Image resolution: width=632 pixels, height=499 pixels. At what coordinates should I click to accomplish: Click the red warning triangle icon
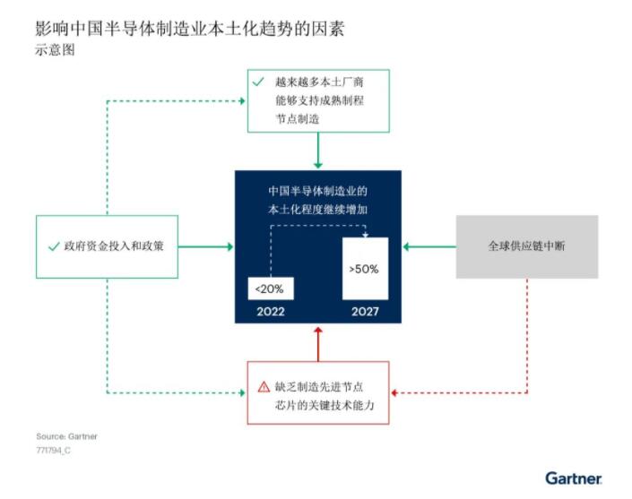264,387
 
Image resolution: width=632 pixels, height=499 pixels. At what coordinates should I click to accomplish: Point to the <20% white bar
271,288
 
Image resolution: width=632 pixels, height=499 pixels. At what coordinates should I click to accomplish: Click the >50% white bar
365,269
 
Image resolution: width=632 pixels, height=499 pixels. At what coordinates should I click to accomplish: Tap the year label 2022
271,312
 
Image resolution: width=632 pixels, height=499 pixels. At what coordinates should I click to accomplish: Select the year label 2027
365,312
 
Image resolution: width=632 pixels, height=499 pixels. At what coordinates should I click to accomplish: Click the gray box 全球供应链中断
527,245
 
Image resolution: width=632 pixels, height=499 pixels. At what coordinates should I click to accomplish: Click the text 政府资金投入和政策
113,245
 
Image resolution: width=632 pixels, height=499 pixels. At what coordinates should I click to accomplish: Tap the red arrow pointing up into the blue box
317,341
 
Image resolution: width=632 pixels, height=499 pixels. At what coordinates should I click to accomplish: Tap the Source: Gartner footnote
67,436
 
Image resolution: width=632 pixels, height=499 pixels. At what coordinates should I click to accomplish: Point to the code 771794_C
54,452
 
